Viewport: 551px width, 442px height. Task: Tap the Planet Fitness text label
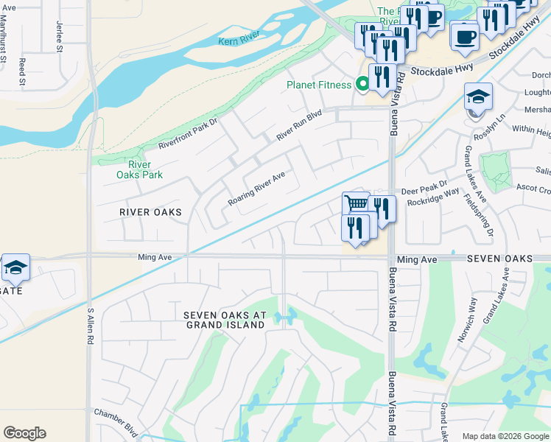coord(319,85)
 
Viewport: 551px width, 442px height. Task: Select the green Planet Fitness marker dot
coord(362,84)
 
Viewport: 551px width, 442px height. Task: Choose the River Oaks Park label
coord(139,169)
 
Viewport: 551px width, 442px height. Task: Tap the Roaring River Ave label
coord(256,189)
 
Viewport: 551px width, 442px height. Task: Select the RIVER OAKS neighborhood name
coord(150,212)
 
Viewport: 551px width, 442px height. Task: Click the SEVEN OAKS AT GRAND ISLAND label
coord(225,320)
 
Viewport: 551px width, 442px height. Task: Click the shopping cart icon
coord(356,203)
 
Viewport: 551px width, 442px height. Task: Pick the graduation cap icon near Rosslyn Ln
coord(478,97)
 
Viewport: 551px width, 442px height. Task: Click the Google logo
coord(24,432)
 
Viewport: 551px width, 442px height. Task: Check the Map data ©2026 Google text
coord(505,436)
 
